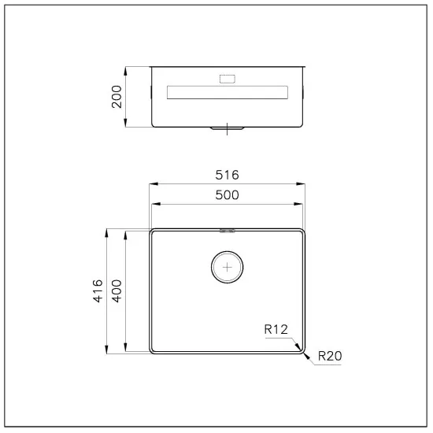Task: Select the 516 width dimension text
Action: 228,175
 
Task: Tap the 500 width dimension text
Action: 228,194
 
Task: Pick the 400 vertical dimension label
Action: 117,291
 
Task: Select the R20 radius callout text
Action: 328,356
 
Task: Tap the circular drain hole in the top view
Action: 228,267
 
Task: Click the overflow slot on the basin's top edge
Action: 228,231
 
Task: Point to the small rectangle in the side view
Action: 227,78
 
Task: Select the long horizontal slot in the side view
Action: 228,92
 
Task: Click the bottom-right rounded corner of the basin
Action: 300,347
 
